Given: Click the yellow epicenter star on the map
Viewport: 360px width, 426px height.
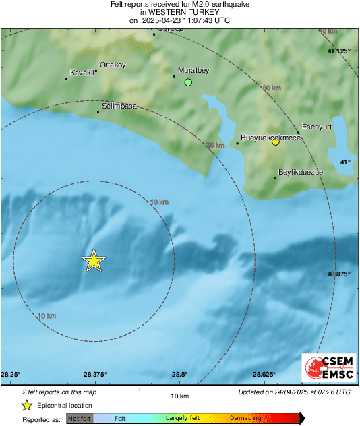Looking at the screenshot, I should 94,260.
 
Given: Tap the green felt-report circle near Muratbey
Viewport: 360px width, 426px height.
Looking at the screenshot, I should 189,82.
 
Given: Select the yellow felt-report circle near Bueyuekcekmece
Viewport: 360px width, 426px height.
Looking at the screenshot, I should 275,142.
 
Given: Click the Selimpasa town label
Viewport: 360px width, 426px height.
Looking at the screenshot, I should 120,106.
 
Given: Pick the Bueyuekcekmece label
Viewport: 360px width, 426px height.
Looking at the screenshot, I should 270,137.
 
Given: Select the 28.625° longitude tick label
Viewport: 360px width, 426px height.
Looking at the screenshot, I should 264,374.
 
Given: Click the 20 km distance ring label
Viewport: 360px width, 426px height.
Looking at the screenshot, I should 215,145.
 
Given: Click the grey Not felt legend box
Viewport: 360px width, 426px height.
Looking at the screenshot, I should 80,418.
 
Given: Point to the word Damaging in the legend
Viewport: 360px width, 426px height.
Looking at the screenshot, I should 245,418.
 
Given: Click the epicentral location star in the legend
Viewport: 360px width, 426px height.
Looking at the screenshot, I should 26,405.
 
